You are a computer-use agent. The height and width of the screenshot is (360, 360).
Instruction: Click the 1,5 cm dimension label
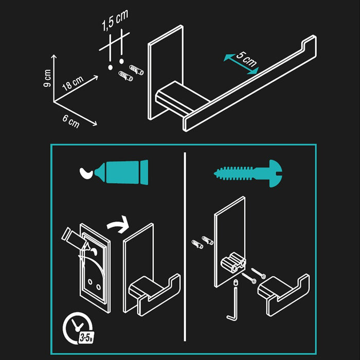point(115,20)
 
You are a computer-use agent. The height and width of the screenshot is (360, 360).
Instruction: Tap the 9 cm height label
point(47,78)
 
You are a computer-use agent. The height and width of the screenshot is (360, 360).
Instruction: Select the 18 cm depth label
point(73,83)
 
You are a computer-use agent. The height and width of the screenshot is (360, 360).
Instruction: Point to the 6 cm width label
point(71,121)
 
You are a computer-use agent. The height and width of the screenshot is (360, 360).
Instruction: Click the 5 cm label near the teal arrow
point(246,59)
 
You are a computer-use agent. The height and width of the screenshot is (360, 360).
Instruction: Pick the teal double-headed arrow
point(241,64)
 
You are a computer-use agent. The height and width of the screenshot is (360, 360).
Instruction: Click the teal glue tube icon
point(121,172)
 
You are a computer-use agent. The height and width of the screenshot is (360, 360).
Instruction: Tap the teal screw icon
point(248,173)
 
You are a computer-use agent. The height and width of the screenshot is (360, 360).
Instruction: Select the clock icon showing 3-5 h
point(78,328)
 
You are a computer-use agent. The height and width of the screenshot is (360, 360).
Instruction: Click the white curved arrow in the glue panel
point(118,225)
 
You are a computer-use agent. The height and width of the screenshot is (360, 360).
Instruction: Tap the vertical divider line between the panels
point(185,246)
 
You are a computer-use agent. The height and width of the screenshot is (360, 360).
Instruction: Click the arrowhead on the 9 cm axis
point(53,57)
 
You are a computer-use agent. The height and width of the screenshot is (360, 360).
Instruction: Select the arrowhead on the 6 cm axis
point(95,124)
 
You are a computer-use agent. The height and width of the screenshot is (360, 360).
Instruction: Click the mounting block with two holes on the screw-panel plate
point(233,262)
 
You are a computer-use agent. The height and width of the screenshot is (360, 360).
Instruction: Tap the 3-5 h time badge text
point(86,338)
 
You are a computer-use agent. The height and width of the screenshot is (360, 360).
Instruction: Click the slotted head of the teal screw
point(276,174)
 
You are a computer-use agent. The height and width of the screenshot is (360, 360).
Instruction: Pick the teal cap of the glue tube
point(144,172)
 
